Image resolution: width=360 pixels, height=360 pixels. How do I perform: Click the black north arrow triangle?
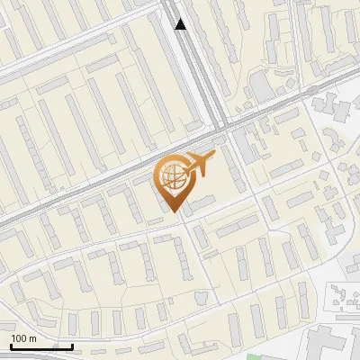(181, 24)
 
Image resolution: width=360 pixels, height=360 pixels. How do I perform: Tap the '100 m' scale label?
(23, 338)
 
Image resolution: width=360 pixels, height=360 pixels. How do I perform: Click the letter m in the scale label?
(32, 338)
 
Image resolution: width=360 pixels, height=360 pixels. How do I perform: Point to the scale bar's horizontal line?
(41, 346)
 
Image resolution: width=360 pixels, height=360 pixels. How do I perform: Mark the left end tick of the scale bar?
(11, 345)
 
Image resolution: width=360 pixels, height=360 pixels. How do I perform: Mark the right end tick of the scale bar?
(73, 345)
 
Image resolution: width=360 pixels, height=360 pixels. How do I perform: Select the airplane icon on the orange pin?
(200, 163)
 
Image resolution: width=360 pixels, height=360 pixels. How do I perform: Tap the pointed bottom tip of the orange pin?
(175, 212)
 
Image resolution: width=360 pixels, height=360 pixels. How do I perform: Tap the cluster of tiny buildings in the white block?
(342, 297)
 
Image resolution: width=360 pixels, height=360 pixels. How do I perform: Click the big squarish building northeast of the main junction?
(260, 86)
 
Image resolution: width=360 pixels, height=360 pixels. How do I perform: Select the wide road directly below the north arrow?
(191, 63)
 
